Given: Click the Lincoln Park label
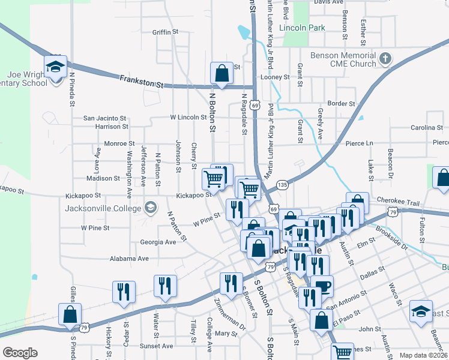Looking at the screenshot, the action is click(x=303, y=28).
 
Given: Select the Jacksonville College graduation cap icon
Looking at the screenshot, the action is click(x=151, y=208).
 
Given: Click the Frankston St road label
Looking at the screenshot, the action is click(x=141, y=82).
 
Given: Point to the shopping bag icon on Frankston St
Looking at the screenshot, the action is click(x=221, y=73).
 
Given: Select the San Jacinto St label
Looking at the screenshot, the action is click(x=104, y=118).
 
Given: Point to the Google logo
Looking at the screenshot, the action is click(x=20, y=353).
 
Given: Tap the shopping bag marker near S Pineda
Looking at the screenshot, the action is click(x=70, y=314).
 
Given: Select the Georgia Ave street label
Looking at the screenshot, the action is click(x=158, y=242).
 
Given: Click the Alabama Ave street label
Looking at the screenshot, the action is click(x=128, y=259).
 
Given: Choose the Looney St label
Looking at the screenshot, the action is click(x=275, y=77).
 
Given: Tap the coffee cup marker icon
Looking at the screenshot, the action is click(x=322, y=286).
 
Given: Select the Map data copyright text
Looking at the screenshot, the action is click(x=424, y=355).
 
